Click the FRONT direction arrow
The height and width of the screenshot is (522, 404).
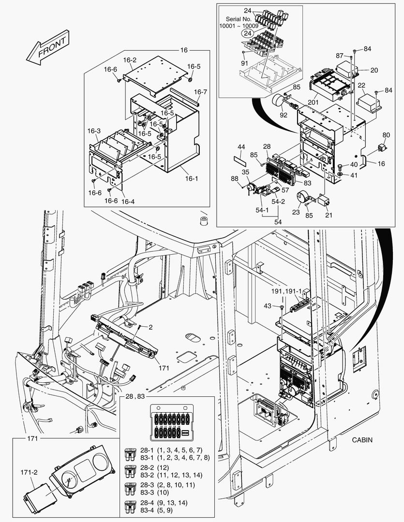pos(47,47)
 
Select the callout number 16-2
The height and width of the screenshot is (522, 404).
pos(130,60)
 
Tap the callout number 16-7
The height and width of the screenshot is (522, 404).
pos(201,92)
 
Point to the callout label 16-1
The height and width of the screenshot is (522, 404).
pos(192,178)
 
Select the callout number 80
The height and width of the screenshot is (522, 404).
pos(386,135)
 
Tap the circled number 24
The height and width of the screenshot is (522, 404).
pos(248,33)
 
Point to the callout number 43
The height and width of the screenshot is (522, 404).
pos(268,305)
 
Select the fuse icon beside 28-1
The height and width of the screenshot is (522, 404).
pos(129,454)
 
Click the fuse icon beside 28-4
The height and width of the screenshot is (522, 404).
pos(129,507)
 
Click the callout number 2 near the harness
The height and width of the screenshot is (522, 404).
pos(150,327)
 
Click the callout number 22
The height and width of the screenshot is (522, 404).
pos(361,86)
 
